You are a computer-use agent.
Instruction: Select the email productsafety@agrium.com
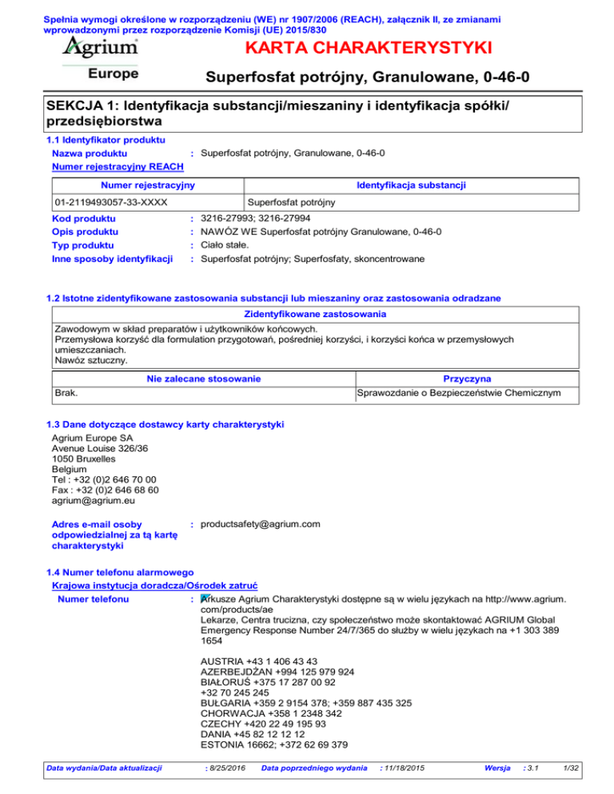(x=261, y=524)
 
